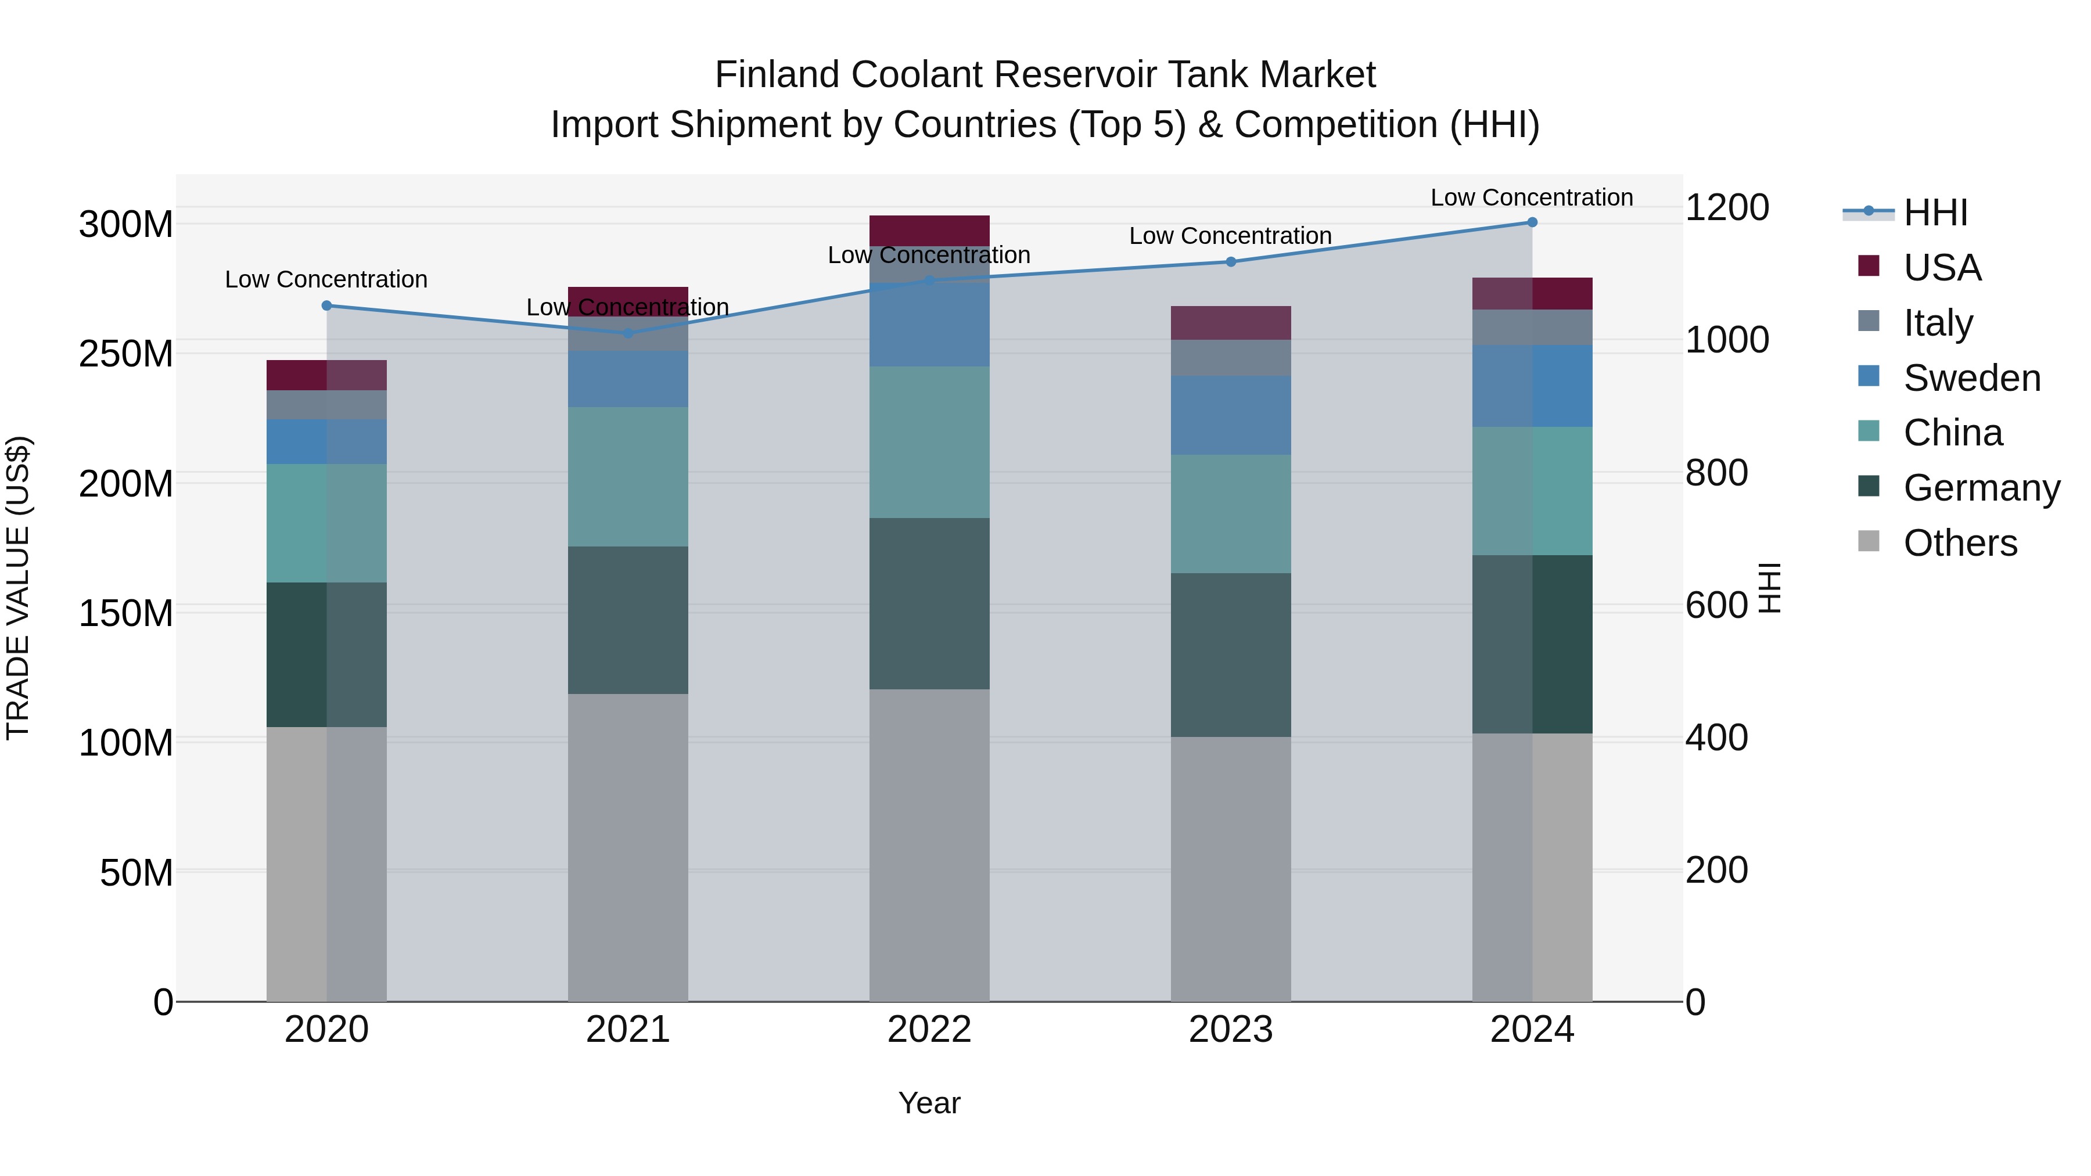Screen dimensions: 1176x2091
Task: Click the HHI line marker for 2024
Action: coord(1532,222)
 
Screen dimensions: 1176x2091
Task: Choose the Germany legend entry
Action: coord(1981,488)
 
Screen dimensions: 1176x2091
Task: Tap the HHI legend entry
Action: coord(1935,213)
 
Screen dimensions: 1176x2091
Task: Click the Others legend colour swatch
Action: coord(1869,541)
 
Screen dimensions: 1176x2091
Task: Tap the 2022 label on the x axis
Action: coord(929,1030)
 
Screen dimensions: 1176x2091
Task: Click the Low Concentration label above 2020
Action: coord(326,279)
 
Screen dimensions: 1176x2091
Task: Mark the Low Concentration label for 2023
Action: coord(1231,236)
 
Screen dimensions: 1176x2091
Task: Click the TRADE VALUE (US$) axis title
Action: coord(18,588)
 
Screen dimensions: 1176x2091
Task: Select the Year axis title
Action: coord(929,1103)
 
